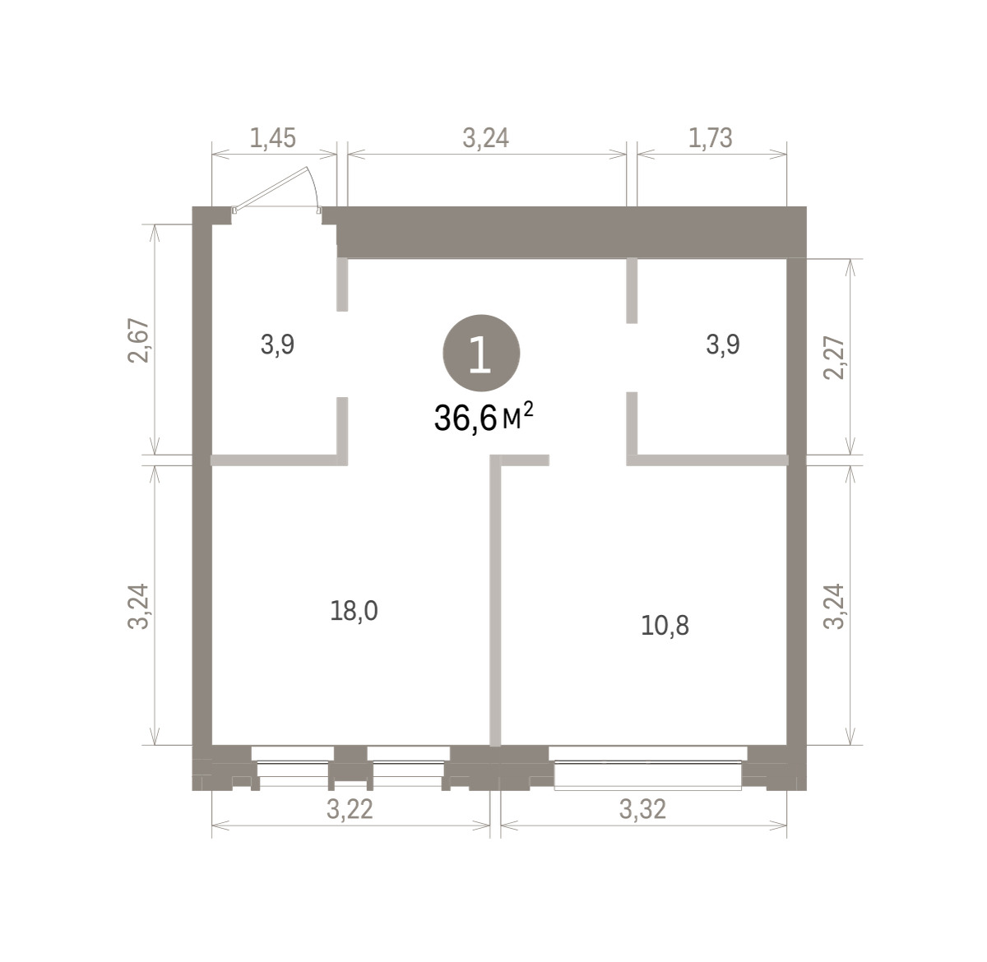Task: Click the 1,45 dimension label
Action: (273, 138)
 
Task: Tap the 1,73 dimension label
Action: (710, 138)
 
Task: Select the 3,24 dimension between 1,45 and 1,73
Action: (485, 138)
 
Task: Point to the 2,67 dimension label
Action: (138, 340)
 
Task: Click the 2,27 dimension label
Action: (833, 358)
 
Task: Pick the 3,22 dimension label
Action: (350, 809)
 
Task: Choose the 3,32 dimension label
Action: (642, 809)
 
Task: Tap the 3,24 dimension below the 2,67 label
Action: (138, 607)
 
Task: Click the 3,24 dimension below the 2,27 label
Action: (833, 607)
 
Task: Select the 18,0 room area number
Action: (354, 611)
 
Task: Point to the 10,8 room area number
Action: (665, 626)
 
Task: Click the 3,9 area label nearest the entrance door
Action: (277, 345)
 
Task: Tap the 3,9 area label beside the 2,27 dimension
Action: (723, 345)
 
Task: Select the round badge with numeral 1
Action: (481, 353)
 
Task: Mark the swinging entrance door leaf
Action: (271, 187)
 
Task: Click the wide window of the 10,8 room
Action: (647, 767)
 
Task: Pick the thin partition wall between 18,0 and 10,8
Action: (495, 601)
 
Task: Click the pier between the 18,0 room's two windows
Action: (350, 767)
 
